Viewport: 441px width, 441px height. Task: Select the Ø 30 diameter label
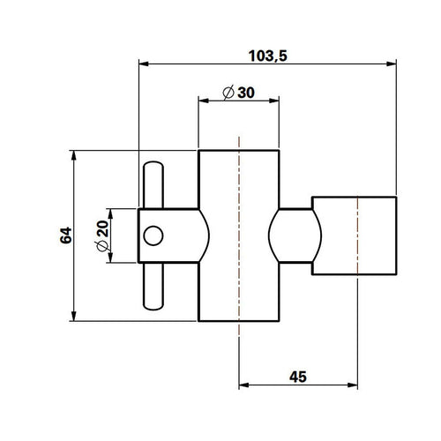(238, 92)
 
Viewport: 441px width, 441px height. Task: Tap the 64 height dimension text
(64, 235)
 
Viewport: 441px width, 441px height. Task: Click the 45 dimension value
(298, 377)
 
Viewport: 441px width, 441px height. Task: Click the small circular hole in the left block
(153, 235)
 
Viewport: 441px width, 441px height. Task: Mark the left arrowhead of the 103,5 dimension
(145, 64)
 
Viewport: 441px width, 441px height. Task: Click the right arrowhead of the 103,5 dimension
(389, 64)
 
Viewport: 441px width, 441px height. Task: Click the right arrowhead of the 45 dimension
(353, 385)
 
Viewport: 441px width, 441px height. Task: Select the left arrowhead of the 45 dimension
(245, 385)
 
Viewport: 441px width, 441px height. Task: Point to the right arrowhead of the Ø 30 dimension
(277, 101)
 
